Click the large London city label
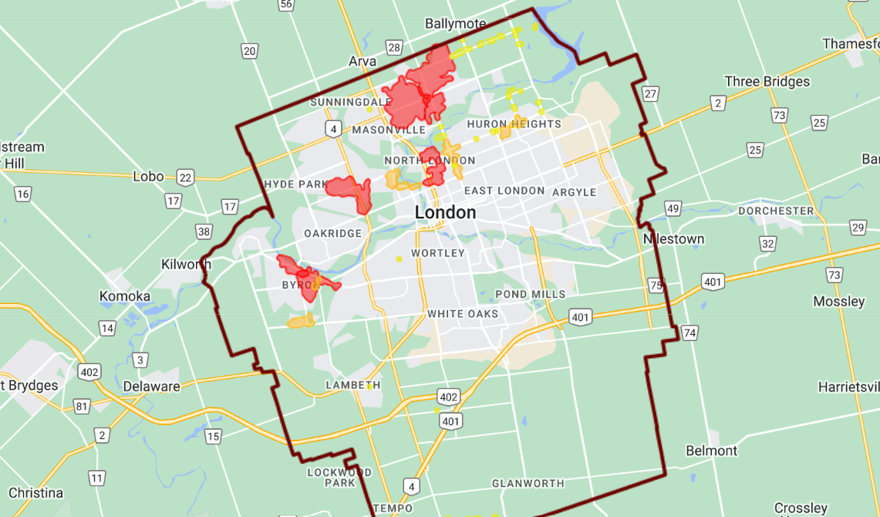pos(445,212)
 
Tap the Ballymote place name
pos(456,24)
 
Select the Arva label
pos(362,61)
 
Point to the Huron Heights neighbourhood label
pos(514,123)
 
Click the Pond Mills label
pos(530,294)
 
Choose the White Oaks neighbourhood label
pos(463,314)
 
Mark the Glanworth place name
pos(528,484)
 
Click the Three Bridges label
pos(767,81)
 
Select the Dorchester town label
pos(776,211)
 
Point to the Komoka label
pos(125,296)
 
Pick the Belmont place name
pos(712,451)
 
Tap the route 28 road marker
pos(394,48)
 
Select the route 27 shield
pos(652,94)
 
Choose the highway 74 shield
pos(690,333)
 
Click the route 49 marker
pos(673,208)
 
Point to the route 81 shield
pos(82,406)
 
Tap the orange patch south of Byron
pos(301,321)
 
